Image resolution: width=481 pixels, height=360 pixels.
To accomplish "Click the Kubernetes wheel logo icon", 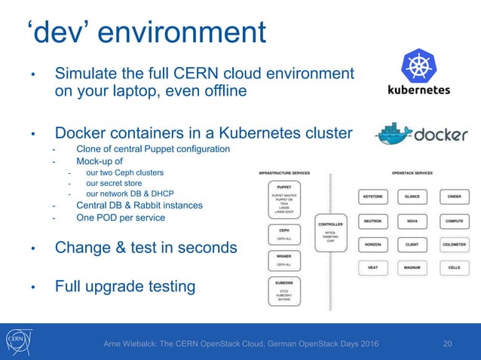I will [x=417, y=66].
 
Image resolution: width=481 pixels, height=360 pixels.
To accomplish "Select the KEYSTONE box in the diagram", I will [x=372, y=197].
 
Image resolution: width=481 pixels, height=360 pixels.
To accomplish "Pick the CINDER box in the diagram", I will [x=454, y=197].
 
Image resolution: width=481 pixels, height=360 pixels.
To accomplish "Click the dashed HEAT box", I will [x=372, y=267].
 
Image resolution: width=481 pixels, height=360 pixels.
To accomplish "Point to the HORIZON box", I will [x=372, y=245].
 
